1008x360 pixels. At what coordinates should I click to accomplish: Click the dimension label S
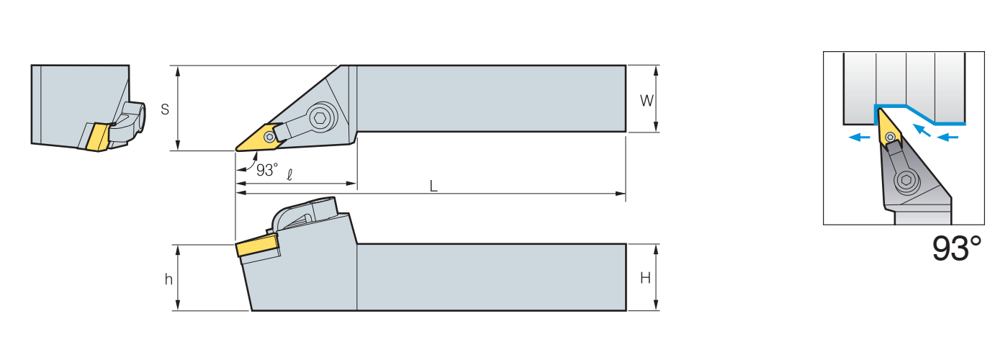pos(165,109)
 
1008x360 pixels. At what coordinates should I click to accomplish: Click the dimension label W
pos(647,101)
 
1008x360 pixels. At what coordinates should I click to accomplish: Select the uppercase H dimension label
pos(645,278)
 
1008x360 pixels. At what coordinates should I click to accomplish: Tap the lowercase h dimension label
pos(168,279)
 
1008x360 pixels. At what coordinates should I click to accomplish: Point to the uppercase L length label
pos(433,186)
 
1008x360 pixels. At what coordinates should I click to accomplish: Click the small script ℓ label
pos(289,174)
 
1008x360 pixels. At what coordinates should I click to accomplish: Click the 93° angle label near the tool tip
pos(267,170)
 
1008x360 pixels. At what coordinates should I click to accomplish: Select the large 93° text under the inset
pos(956,248)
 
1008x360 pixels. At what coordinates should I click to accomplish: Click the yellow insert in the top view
pos(260,138)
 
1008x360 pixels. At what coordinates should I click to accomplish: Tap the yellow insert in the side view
pos(256,246)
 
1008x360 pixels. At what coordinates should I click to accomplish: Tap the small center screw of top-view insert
pos(269,137)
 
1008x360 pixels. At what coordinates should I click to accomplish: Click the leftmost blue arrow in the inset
pos(859,137)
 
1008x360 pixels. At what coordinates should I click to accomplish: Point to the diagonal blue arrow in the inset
pos(922,130)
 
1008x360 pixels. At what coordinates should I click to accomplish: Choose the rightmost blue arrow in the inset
pos(948,137)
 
